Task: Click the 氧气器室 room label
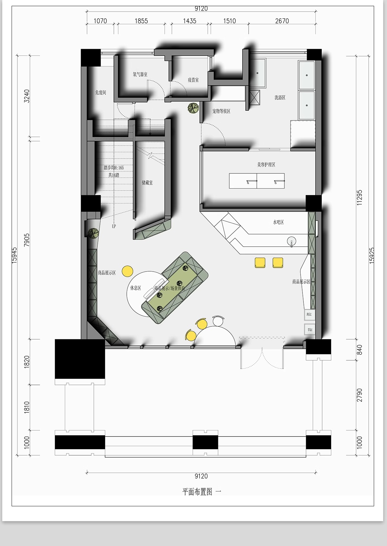tap(140, 74)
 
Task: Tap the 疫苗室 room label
tap(193, 80)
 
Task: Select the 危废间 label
tap(101, 93)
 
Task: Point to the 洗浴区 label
tap(280, 98)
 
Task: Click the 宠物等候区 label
tap(221, 111)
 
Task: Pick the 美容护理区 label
tap(266, 165)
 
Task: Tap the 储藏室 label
tap(147, 183)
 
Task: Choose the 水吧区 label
tap(278, 222)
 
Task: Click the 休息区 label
tap(135, 288)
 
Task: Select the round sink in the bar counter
tap(292, 241)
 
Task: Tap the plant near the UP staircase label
tap(94, 232)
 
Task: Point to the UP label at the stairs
tap(114, 226)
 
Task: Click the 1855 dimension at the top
tap(141, 21)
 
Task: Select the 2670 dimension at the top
tap(282, 21)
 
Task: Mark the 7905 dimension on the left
tap(27, 240)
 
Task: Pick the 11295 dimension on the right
tap(360, 197)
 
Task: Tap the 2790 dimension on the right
tap(360, 395)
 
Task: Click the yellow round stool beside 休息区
tap(128, 271)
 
